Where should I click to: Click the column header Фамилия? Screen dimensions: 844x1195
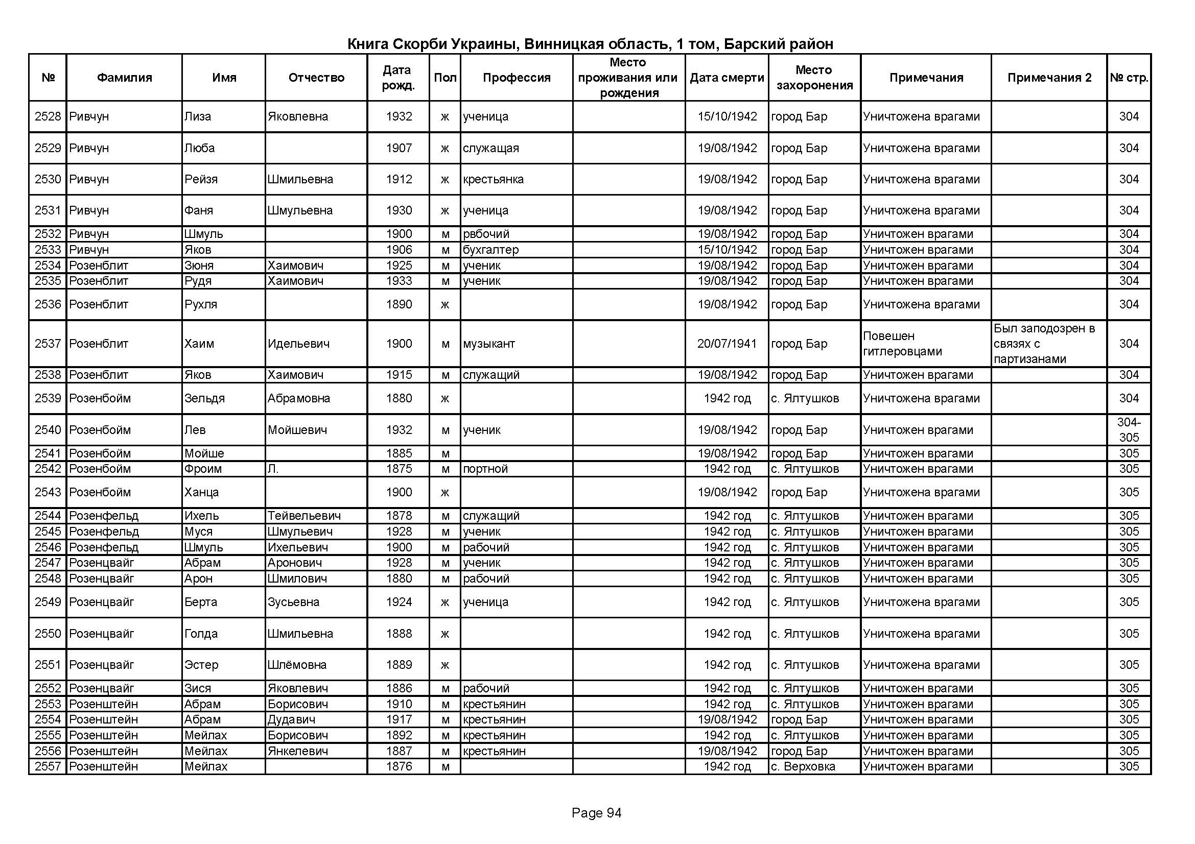(124, 78)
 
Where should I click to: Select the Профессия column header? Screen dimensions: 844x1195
(517, 78)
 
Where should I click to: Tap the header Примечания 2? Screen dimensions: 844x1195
(1049, 78)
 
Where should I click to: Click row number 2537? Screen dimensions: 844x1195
(48, 344)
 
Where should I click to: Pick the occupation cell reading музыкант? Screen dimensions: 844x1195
(489, 344)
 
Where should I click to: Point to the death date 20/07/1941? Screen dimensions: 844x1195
(727, 344)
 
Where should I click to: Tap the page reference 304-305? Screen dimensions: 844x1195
(1129, 429)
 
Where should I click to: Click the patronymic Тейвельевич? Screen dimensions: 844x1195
(304, 516)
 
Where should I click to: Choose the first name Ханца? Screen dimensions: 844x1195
(201, 493)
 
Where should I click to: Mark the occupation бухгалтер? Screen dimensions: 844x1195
(491, 250)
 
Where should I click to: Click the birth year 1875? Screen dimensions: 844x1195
(399, 469)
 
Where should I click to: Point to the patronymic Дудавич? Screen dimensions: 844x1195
(291, 720)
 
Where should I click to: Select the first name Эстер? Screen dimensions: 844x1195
(201, 665)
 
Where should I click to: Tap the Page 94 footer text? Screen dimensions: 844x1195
(596, 813)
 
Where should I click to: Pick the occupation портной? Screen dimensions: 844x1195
(485, 469)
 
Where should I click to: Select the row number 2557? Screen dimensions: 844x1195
(48, 766)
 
